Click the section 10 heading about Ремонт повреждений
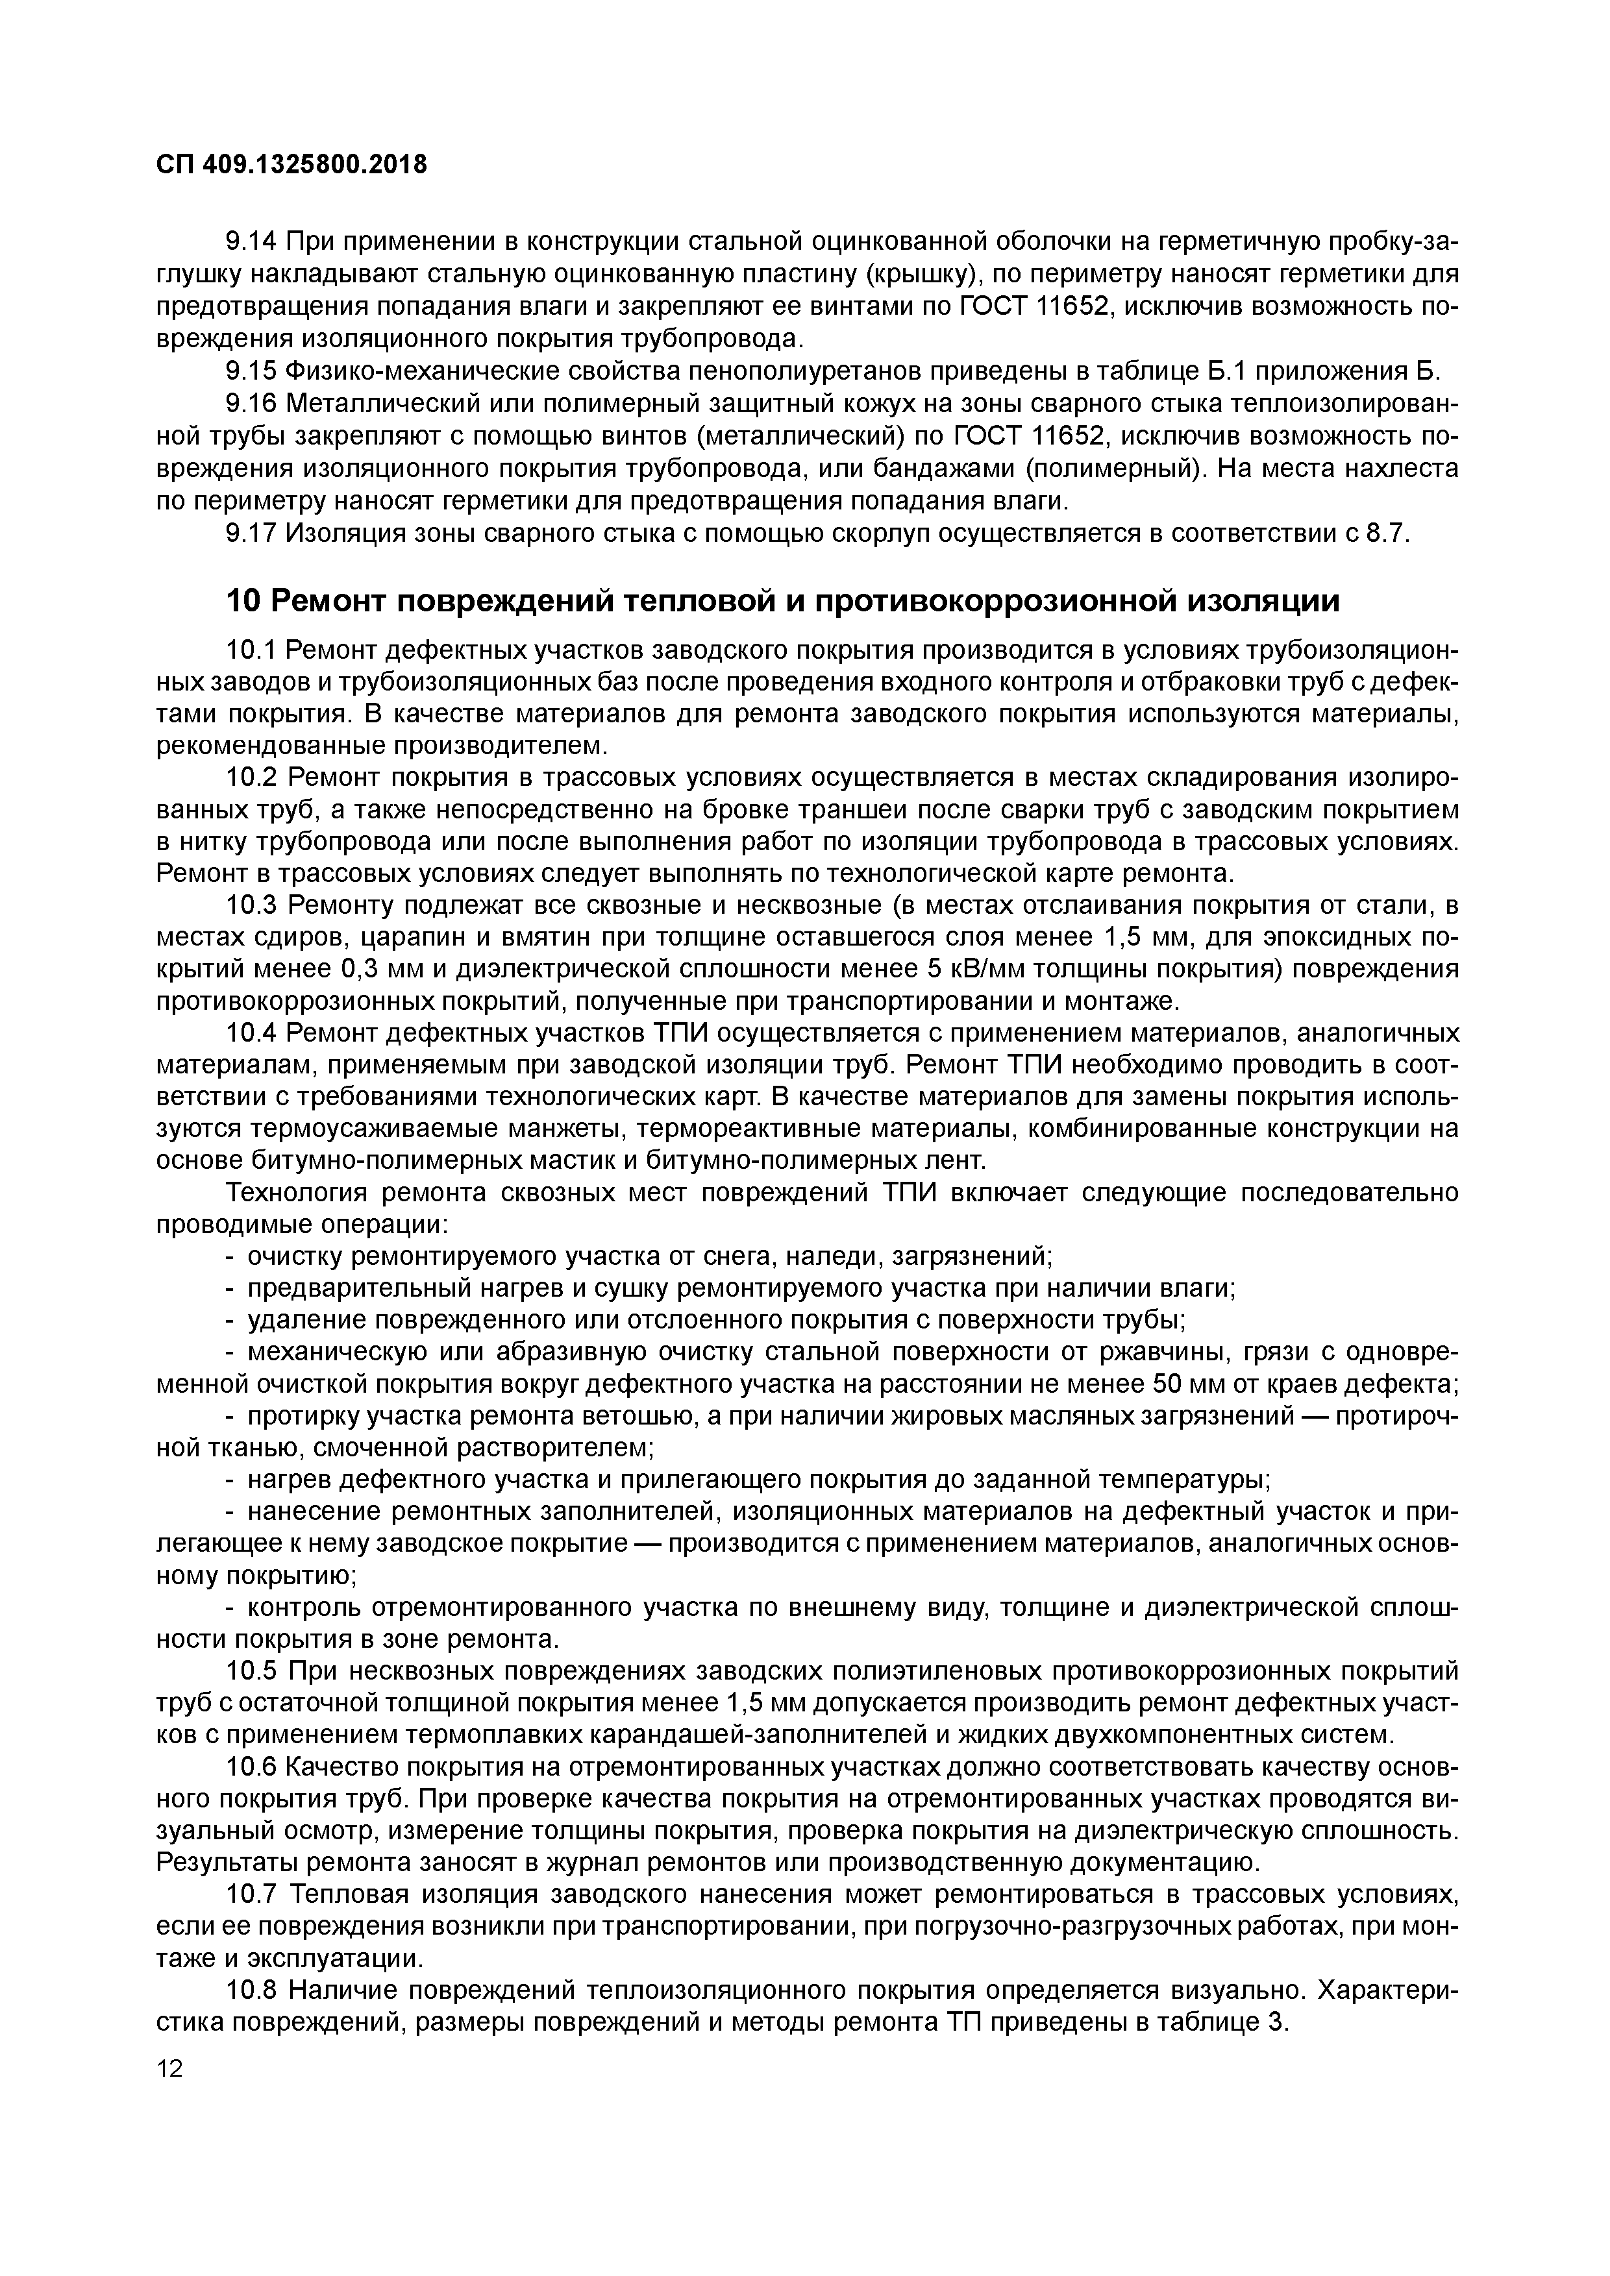782,601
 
